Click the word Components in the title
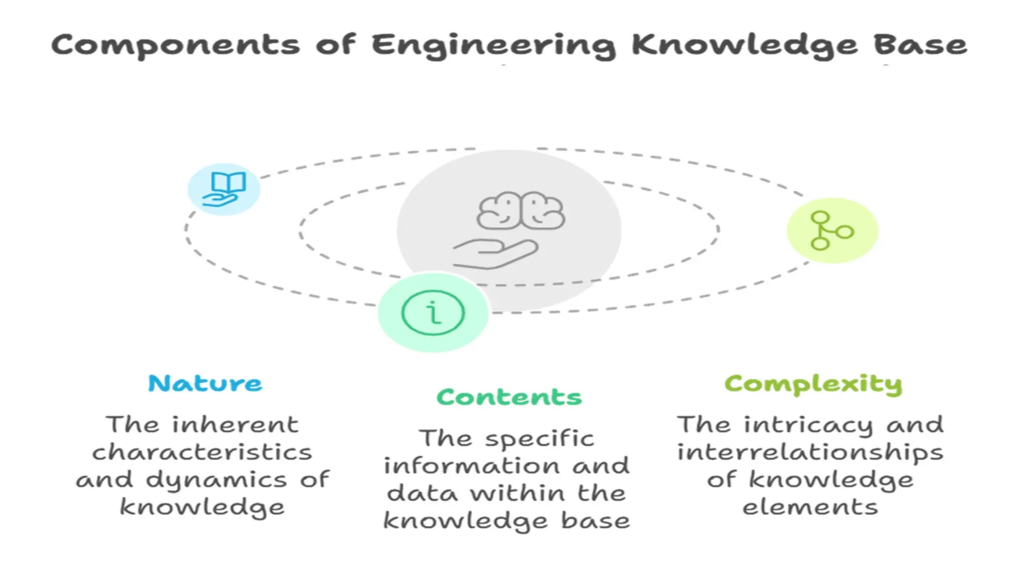pyautogui.click(x=176, y=45)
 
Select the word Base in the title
pyautogui.click(x=920, y=45)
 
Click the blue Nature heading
pyautogui.click(x=205, y=384)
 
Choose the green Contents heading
pyautogui.click(x=509, y=397)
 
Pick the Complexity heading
pyautogui.click(x=813, y=385)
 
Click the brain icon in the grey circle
pyautogui.click(x=521, y=211)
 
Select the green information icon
pyautogui.click(x=433, y=313)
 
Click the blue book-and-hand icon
pyautogui.click(x=224, y=189)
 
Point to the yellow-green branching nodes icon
pyautogui.click(x=832, y=231)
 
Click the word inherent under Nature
pyautogui.click(x=235, y=425)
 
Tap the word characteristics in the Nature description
pyautogui.click(x=202, y=453)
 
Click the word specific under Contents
pyautogui.click(x=540, y=439)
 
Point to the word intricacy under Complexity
pyautogui.click(x=809, y=425)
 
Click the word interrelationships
pyautogui.click(x=810, y=453)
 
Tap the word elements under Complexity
pyautogui.click(x=810, y=507)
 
